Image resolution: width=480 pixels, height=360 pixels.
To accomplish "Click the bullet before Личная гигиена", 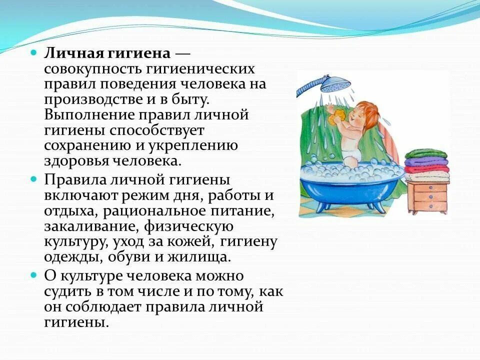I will pyautogui.click(x=33, y=52).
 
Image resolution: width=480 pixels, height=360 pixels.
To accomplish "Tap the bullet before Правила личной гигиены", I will pyautogui.click(x=33, y=179).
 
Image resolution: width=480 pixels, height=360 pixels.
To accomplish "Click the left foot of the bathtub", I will pyautogui.click(x=315, y=204).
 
